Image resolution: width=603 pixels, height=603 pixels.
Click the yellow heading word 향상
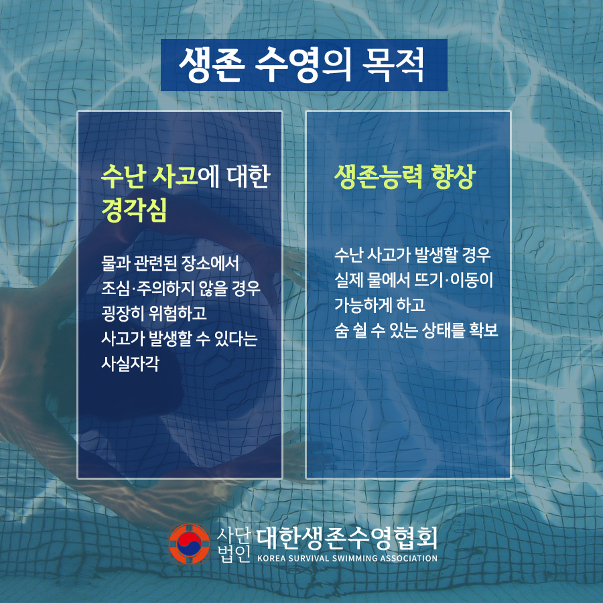[454, 177]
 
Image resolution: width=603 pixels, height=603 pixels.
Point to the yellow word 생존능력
[379, 177]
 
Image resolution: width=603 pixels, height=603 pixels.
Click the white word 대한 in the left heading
[249, 177]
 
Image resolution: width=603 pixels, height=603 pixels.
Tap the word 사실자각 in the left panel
[131, 363]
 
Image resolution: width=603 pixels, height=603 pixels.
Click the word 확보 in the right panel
[483, 330]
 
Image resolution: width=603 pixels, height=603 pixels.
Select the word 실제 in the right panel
[348, 280]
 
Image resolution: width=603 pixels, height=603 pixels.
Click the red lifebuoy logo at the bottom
[189, 544]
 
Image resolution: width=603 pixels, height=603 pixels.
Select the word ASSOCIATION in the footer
[409, 558]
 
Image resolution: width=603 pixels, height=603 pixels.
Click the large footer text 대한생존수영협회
[346, 538]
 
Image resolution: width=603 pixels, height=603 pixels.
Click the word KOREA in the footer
[271, 558]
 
